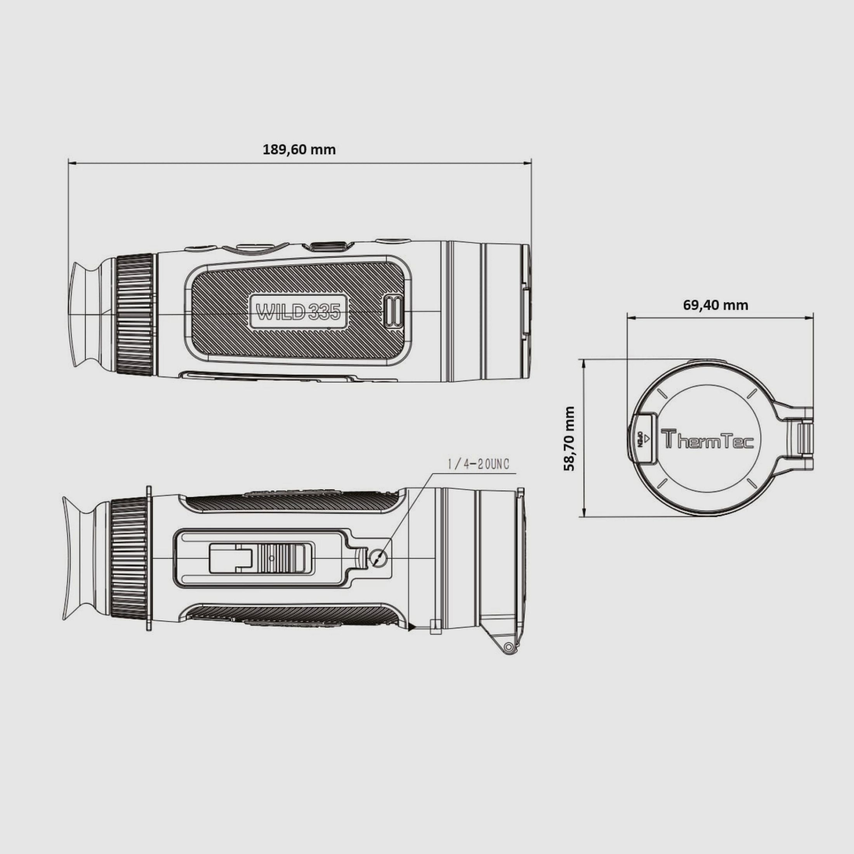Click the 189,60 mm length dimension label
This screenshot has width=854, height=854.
click(299, 150)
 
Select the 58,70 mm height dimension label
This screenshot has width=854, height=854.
click(570, 439)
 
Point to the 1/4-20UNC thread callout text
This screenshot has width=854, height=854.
click(478, 464)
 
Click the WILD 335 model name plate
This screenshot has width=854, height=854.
click(299, 312)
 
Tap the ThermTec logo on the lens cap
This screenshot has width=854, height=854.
click(707, 439)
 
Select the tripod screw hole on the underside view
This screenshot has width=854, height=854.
click(378, 558)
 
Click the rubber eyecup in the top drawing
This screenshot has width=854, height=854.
click(86, 314)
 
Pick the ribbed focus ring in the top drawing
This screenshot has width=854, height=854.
click(135, 315)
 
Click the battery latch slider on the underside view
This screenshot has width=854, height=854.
click(283, 558)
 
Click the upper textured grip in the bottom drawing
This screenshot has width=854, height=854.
click(292, 503)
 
